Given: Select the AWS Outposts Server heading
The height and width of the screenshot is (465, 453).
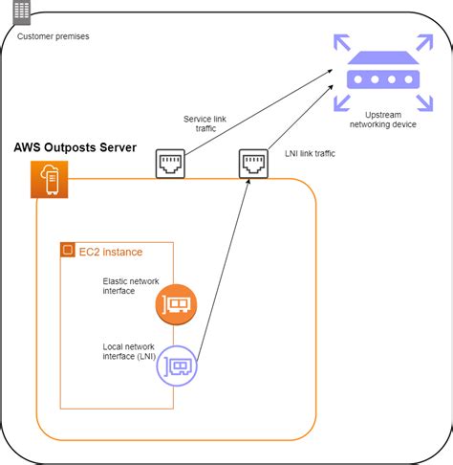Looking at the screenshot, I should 75,149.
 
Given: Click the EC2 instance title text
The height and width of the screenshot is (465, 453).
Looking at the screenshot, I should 110,252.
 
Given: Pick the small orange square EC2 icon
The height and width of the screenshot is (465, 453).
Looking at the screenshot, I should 67,252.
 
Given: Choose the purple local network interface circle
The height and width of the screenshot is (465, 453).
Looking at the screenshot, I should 177,364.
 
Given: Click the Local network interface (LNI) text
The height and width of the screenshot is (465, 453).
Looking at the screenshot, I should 131,351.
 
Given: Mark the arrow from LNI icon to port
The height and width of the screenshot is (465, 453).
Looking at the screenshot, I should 225,268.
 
